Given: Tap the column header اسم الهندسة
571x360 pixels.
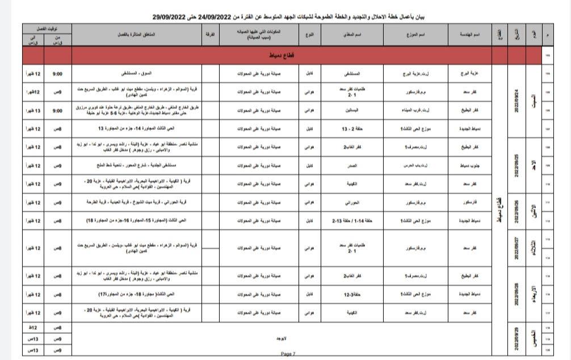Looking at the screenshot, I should [x=468, y=35].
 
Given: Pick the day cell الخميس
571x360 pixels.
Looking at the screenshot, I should [x=532, y=336].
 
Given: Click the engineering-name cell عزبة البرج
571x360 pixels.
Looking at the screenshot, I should [x=468, y=74].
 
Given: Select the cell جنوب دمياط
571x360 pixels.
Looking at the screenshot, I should [x=468, y=166].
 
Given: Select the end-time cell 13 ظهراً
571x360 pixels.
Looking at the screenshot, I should [x=33, y=111].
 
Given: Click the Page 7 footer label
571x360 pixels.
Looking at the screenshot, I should [x=288, y=354].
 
